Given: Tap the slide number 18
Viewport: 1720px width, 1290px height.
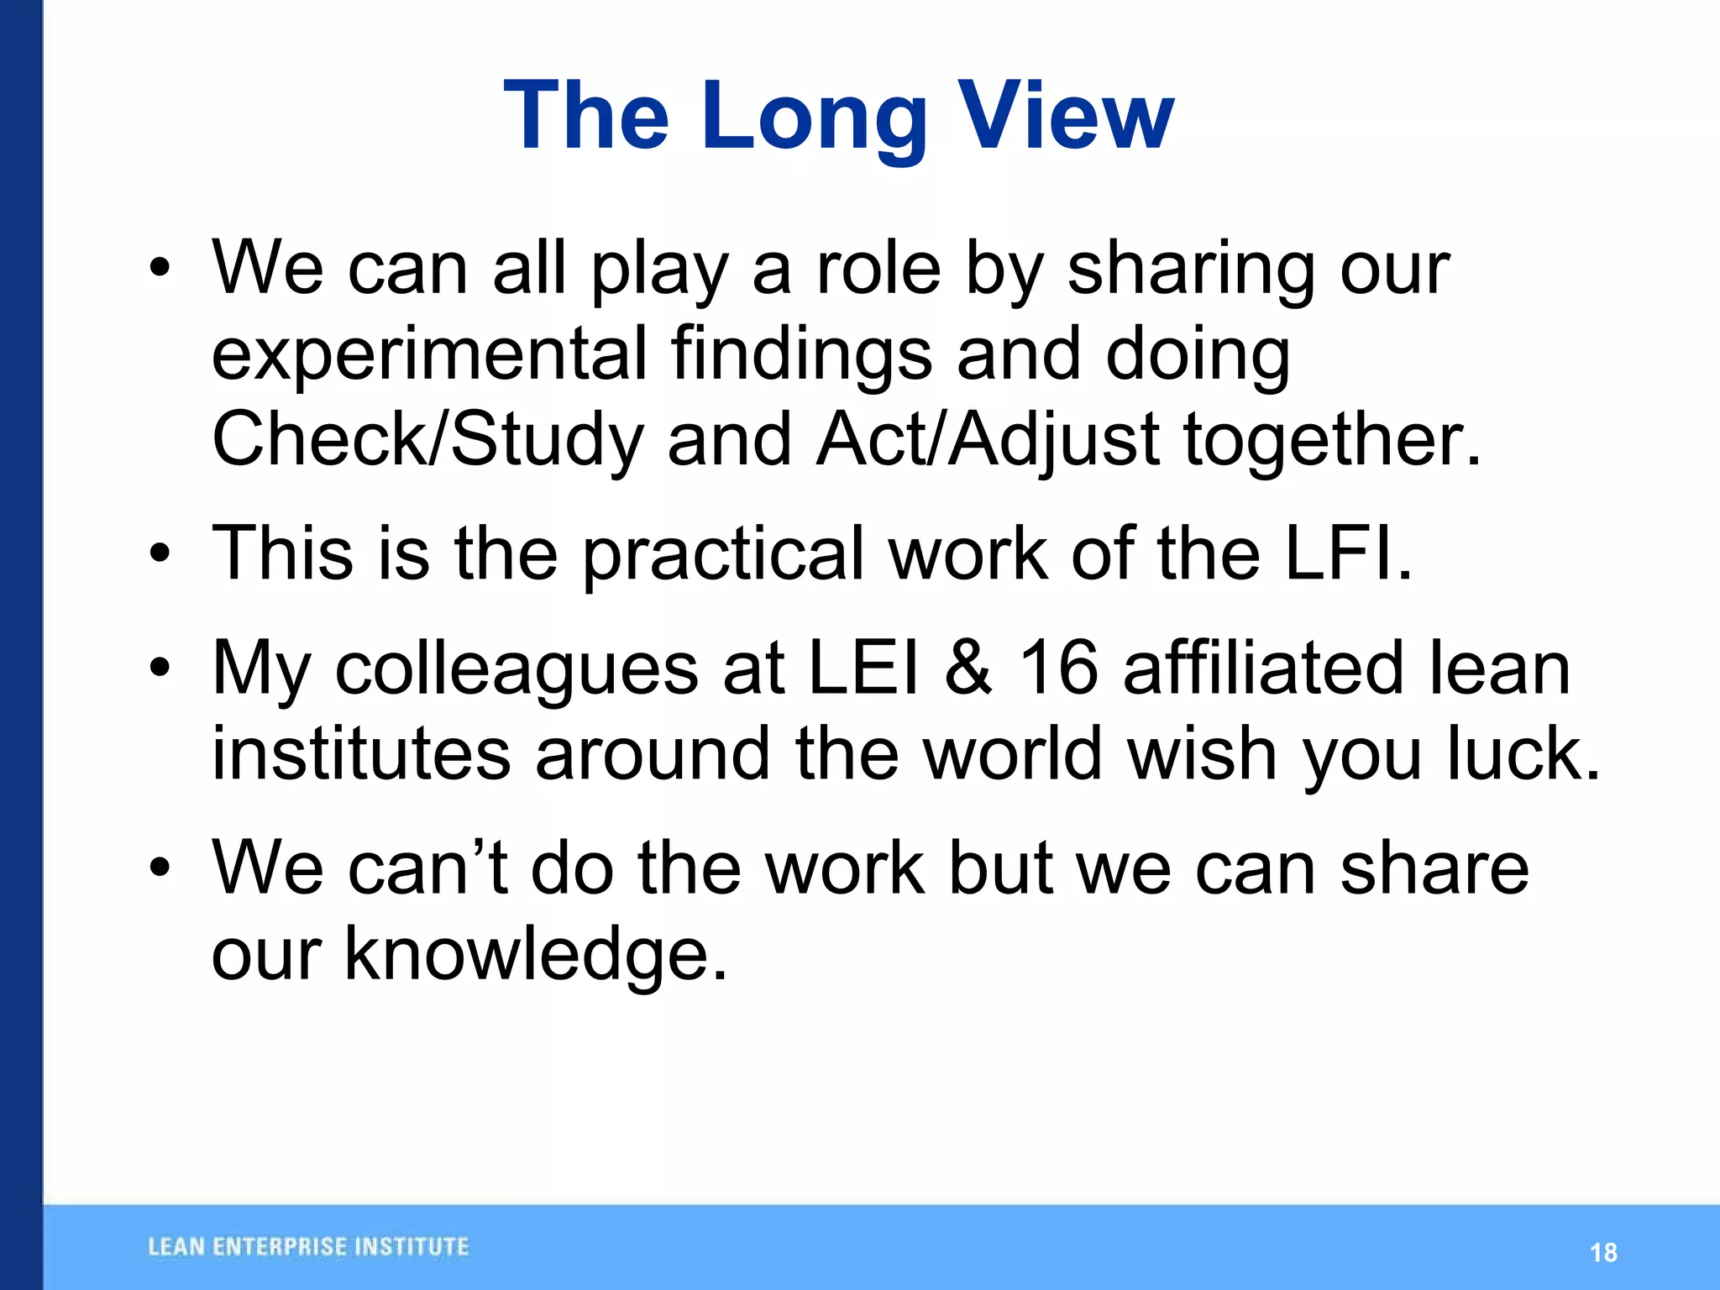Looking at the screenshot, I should [x=1603, y=1253].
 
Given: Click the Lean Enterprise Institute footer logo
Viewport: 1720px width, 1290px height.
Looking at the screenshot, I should [x=308, y=1247].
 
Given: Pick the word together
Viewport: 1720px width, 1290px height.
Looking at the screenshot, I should [x=1331, y=440].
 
